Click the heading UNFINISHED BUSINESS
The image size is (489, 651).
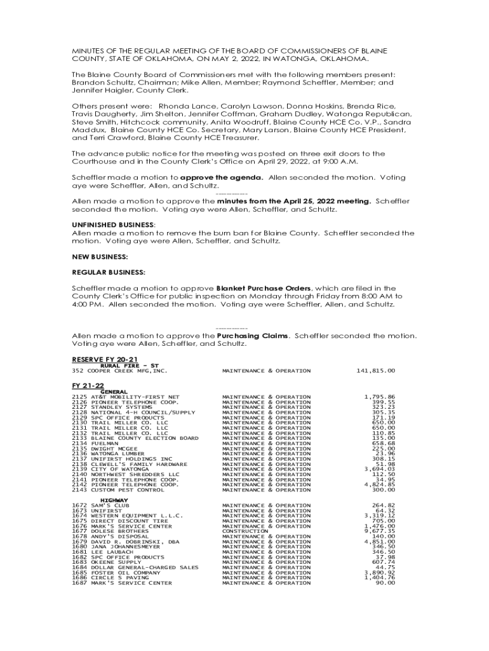[112, 225]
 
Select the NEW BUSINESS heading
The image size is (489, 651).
[100, 256]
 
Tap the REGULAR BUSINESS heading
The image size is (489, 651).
[109, 272]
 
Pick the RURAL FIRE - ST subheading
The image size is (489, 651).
[125, 365]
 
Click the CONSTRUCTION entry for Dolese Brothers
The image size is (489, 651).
[245, 531]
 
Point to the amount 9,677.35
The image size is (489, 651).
[379, 531]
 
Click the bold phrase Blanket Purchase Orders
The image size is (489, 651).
[264, 287]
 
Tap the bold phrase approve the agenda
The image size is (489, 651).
[221, 177]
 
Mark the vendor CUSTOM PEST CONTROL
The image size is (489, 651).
[127, 490]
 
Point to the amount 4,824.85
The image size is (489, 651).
[379, 484]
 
